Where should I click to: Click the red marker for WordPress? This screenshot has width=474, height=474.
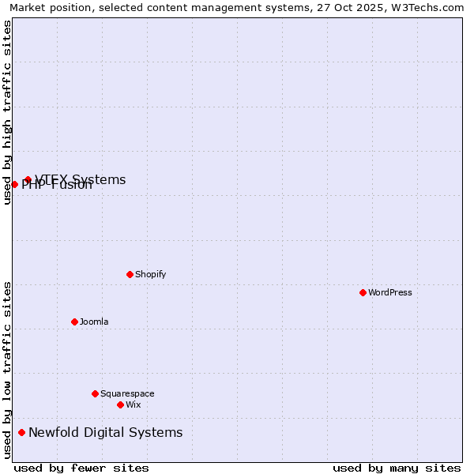(x=363, y=292)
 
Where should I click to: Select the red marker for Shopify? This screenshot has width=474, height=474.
(x=130, y=274)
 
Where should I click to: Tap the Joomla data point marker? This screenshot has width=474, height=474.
(x=74, y=322)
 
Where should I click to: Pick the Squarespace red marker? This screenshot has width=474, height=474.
(x=95, y=393)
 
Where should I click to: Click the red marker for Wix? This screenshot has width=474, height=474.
(x=120, y=404)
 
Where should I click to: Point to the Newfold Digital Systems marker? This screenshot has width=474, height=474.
(x=21, y=432)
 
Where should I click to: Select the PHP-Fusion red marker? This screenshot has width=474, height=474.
(x=14, y=184)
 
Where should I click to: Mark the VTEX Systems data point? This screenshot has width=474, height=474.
(x=28, y=179)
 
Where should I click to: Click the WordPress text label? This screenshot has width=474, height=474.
(x=390, y=292)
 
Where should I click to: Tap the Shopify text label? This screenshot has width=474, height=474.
(x=151, y=274)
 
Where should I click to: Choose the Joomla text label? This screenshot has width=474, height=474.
(x=94, y=322)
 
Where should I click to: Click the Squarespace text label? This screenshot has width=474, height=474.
(x=127, y=393)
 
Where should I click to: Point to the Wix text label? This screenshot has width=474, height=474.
(x=134, y=404)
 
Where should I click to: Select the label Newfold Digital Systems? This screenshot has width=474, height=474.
(x=106, y=432)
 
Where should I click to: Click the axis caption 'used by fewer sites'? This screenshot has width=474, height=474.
(x=81, y=468)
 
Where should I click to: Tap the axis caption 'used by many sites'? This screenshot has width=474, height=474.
(x=397, y=468)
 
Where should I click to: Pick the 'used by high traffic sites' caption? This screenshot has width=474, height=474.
(x=7, y=112)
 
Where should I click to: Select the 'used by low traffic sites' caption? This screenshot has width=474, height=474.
(x=7, y=370)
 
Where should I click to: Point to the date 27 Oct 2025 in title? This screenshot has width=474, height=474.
(x=340, y=7)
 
